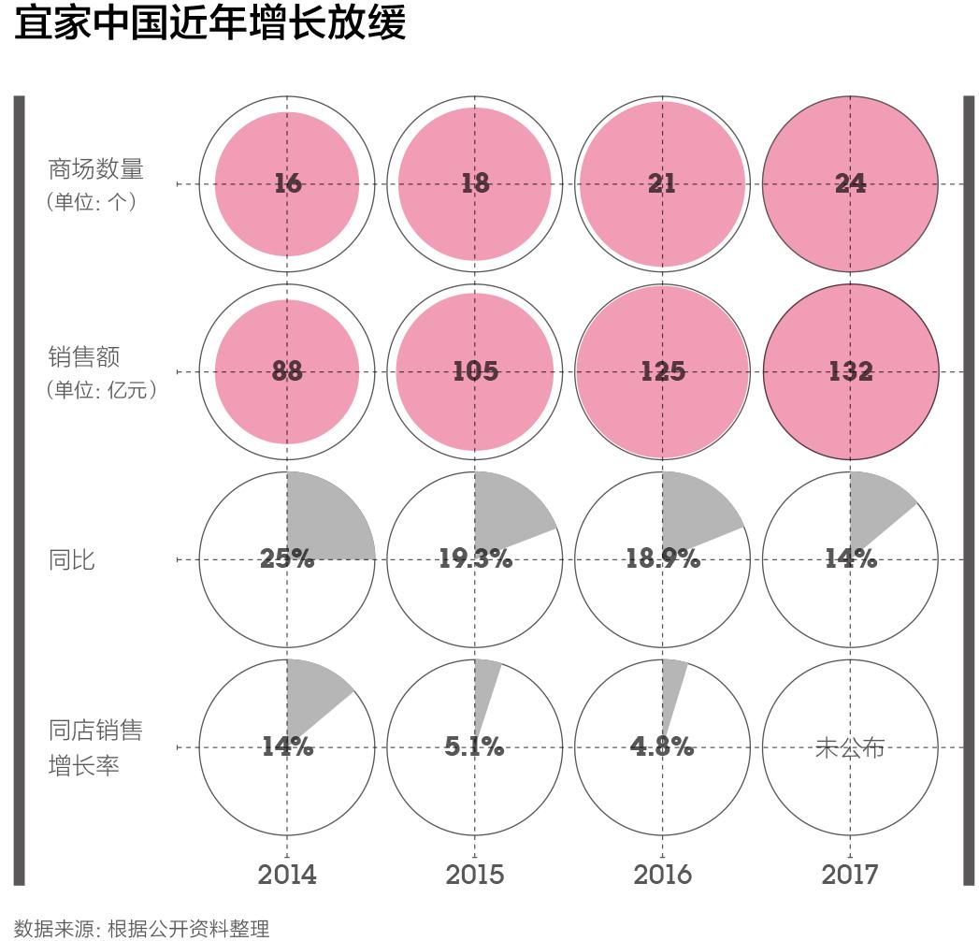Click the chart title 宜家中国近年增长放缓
click(x=211, y=23)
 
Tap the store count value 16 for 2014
click(x=288, y=183)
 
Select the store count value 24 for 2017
click(x=850, y=183)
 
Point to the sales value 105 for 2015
click(x=475, y=371)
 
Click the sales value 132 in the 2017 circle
click(x=850, y=371)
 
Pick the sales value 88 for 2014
click(x=288, y=371)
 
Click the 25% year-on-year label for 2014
click(x=288, y=559)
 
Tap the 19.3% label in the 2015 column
click(x=475, y=559)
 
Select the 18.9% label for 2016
click(x=663, y=559)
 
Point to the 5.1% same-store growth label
click(x=475, y=747)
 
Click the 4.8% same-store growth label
click(x=663, y=747)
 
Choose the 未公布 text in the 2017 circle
click(x=850, y=747)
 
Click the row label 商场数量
click(x=95, y=169)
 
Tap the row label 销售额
click(x=83, y=357)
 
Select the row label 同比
click(x=72, y=560)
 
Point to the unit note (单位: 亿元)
click(x=102, y=389)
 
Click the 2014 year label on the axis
click(x=287, y=875)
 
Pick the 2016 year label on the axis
click(x=663, y=875)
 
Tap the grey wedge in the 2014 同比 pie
click(x=327, y=519)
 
